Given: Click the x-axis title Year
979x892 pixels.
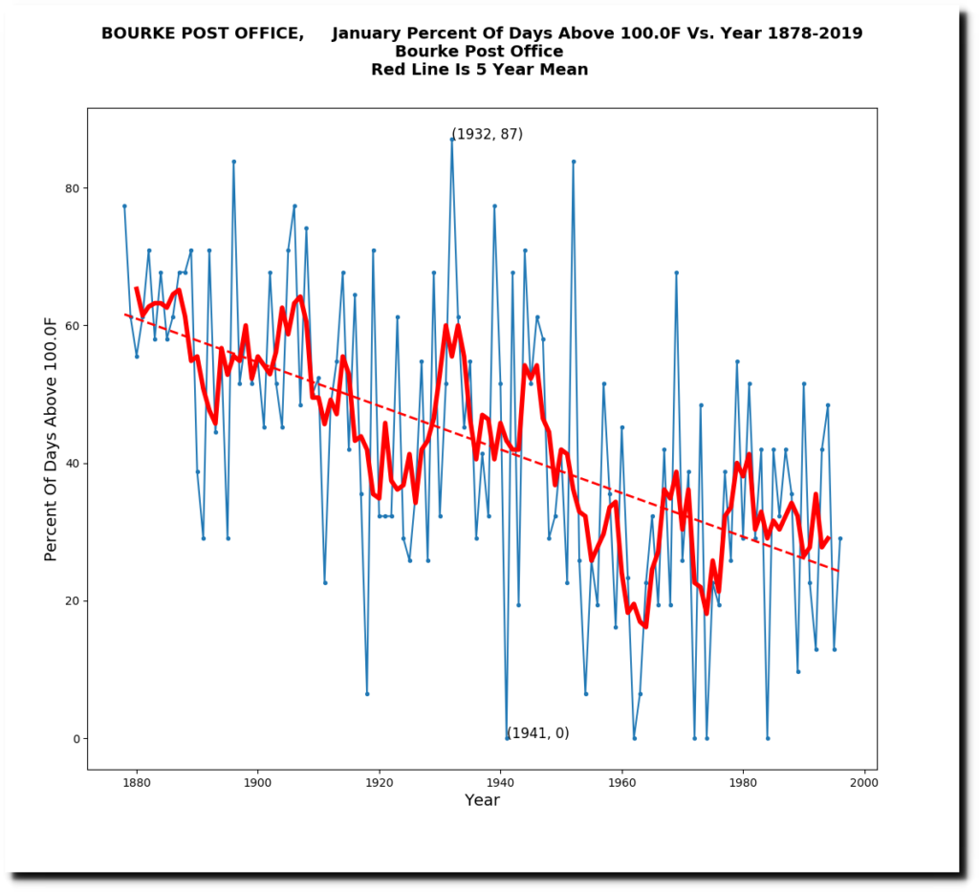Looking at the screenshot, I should pos(482,800).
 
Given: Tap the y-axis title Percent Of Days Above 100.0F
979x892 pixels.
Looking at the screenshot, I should pos(51,439).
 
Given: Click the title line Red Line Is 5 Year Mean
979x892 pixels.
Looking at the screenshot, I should pos(479,70).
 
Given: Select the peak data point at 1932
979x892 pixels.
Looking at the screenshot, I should pos(452,140).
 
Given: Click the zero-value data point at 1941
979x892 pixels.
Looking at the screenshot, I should pos(507,738).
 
